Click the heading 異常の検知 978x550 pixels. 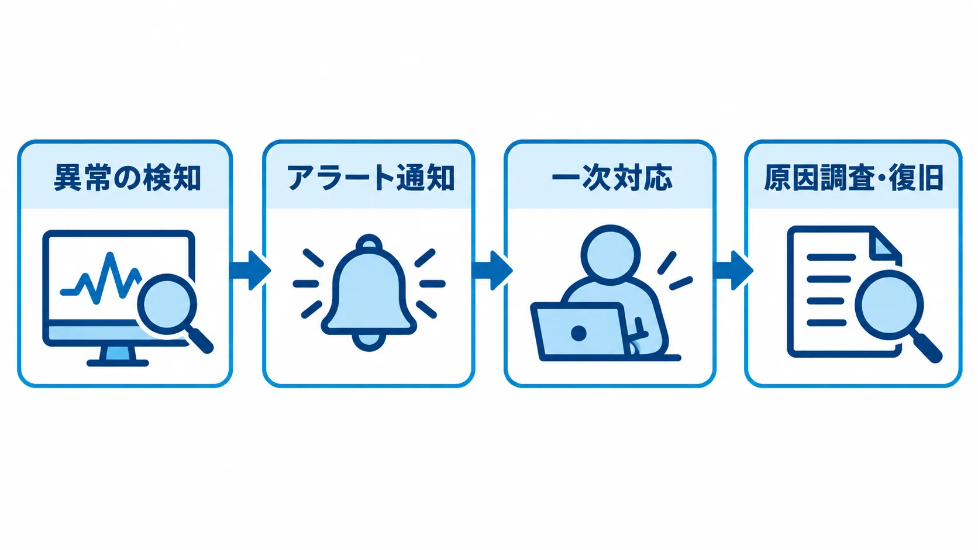click(127, 178)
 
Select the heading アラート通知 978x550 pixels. click(371, 178)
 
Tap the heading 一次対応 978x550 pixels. click(612, 178)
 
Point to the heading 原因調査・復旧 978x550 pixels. click(853, 178)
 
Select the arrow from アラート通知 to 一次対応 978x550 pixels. click(492, 271)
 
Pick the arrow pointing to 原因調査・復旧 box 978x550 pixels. click(733, 271)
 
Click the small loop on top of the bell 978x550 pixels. click(369, 243)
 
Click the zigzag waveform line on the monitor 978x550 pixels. click(101, 279)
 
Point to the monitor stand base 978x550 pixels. click(118, 362)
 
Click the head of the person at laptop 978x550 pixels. click(611, 255)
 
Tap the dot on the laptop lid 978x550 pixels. click(579, 333)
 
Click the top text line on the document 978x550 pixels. click(831, 257)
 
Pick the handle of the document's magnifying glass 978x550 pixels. click(927, 347)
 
